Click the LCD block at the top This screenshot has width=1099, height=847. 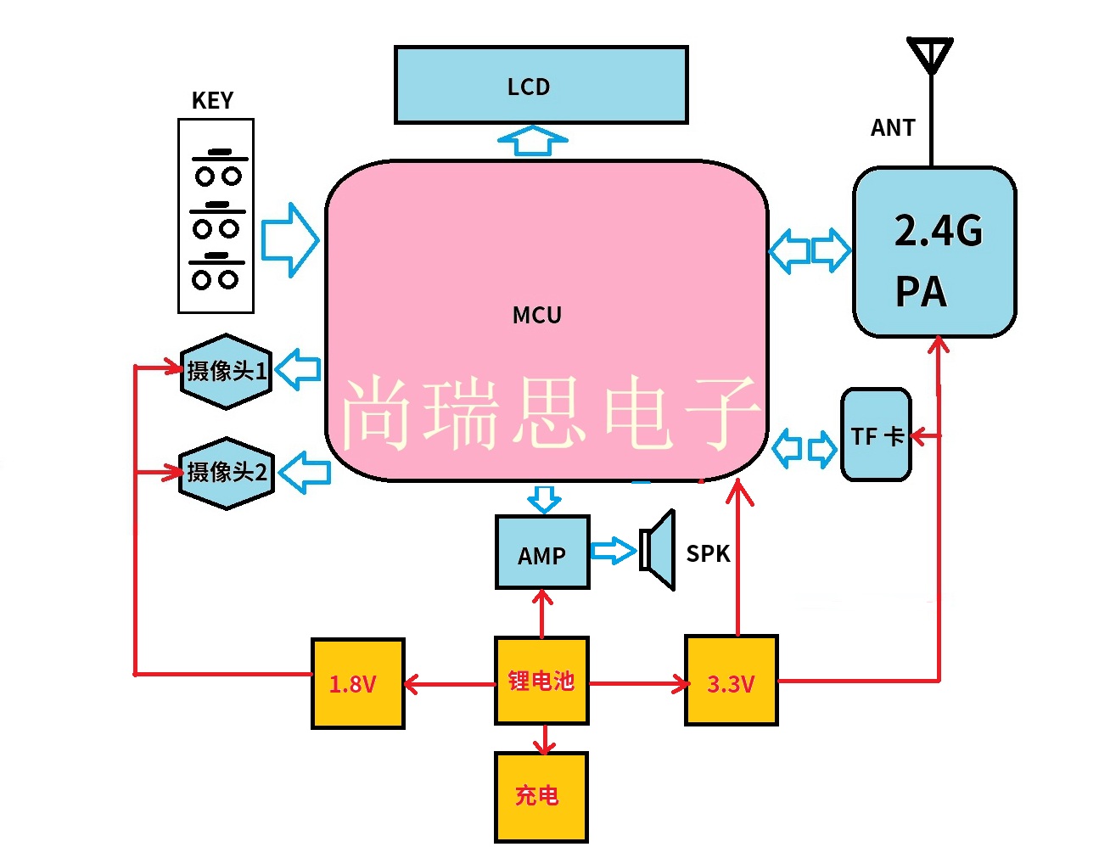point(541,85)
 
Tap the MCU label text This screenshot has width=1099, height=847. point(537,316)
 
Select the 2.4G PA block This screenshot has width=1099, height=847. point(934,252)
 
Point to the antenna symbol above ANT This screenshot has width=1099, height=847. point(930,56)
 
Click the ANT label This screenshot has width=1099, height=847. point(893,128)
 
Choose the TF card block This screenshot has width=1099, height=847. point(876,435)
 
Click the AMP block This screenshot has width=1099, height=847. point(542,553)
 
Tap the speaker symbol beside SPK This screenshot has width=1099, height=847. point(659,550)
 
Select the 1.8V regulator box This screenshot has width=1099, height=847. point(357,683)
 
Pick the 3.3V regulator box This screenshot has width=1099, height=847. point(731,681)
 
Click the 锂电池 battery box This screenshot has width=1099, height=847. point(541,681)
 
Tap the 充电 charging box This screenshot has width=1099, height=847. point(541,796)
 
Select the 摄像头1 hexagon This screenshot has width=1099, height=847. point(226,371)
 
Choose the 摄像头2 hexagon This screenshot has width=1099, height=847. point(227,473)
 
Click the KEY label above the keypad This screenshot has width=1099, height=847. point(212,101)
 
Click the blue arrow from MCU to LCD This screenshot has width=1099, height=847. point(532,140)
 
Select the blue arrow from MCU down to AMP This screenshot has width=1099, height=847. point(543,499)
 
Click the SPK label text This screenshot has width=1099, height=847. point(708,554)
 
